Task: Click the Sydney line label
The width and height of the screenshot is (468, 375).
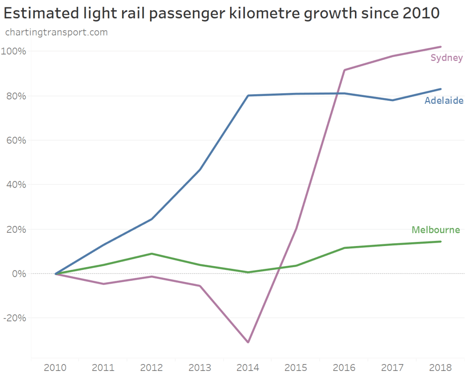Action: tap(446, 58)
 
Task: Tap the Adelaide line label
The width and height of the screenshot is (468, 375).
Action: tap(444, 101)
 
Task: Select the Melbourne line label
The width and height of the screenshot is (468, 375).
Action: tap(436, 230)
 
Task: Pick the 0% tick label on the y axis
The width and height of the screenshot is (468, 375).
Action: tap(20, 273)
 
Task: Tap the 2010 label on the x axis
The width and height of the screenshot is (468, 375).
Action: tap(55, 368)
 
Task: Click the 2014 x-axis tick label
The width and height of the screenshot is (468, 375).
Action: tap(248, 368)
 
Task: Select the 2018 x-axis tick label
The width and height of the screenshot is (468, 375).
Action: tap(441, 368)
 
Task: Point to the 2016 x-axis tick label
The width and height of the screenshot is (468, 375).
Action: tap(344, 368)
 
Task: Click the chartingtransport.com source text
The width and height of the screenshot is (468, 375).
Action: tap(56, 32)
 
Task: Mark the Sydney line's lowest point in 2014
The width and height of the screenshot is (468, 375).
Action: tap(248, 342)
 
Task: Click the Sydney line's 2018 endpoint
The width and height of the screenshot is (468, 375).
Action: tap(441, 47)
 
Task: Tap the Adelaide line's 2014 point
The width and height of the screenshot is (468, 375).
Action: tap(248, 96)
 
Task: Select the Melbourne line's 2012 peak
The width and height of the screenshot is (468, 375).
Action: tap(151, 254)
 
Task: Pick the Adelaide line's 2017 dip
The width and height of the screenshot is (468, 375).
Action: tap(393, 100)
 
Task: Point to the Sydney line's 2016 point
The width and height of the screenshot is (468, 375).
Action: tap(344, 70)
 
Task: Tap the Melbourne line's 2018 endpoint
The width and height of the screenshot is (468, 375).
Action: tap(441, 241)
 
